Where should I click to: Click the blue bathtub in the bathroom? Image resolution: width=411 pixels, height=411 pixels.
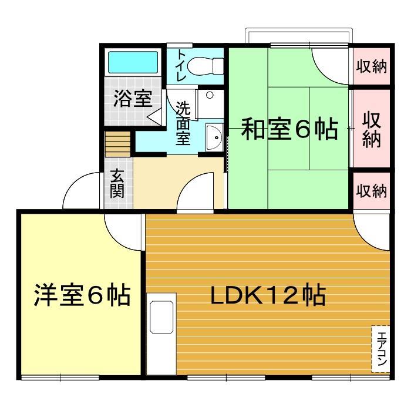133,62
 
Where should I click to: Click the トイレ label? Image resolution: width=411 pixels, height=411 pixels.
181,66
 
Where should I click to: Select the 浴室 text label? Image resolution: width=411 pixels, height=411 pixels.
133,99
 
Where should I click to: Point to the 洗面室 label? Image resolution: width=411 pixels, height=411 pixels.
184,123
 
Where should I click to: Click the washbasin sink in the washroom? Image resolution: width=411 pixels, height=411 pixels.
214,137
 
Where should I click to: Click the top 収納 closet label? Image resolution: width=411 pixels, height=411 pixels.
370,66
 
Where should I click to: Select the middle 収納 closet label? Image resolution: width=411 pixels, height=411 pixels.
370,129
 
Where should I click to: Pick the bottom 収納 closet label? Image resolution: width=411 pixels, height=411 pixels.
370,190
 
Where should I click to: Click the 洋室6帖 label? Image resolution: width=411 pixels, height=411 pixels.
82,295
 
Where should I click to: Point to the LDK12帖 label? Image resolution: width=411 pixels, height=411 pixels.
268,295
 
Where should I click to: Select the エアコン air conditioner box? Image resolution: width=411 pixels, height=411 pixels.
380,348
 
